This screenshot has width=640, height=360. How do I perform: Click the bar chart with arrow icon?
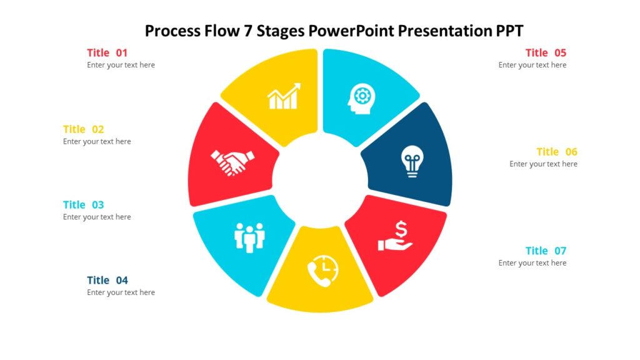point(284,96)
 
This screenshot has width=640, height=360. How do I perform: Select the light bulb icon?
point(411,161)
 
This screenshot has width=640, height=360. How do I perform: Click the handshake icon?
point(232,162)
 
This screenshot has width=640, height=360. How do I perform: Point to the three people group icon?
point(249,237)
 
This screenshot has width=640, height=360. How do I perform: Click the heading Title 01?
point(107,52)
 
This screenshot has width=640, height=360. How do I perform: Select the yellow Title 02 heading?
point(83,129)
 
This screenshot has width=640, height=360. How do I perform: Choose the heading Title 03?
point(83,204)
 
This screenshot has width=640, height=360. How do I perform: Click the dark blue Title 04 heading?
point(107,280)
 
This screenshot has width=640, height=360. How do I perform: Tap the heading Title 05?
point(546,52)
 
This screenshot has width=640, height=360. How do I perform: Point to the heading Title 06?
point(556,151)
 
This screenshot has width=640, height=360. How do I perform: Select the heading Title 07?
point(546,251)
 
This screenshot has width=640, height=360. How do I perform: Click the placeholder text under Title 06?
point(543,164)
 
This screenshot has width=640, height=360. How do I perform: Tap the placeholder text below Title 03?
point(97,217)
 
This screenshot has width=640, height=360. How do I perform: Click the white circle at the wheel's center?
point(320,181)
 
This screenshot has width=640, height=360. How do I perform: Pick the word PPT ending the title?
point(510,30)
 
